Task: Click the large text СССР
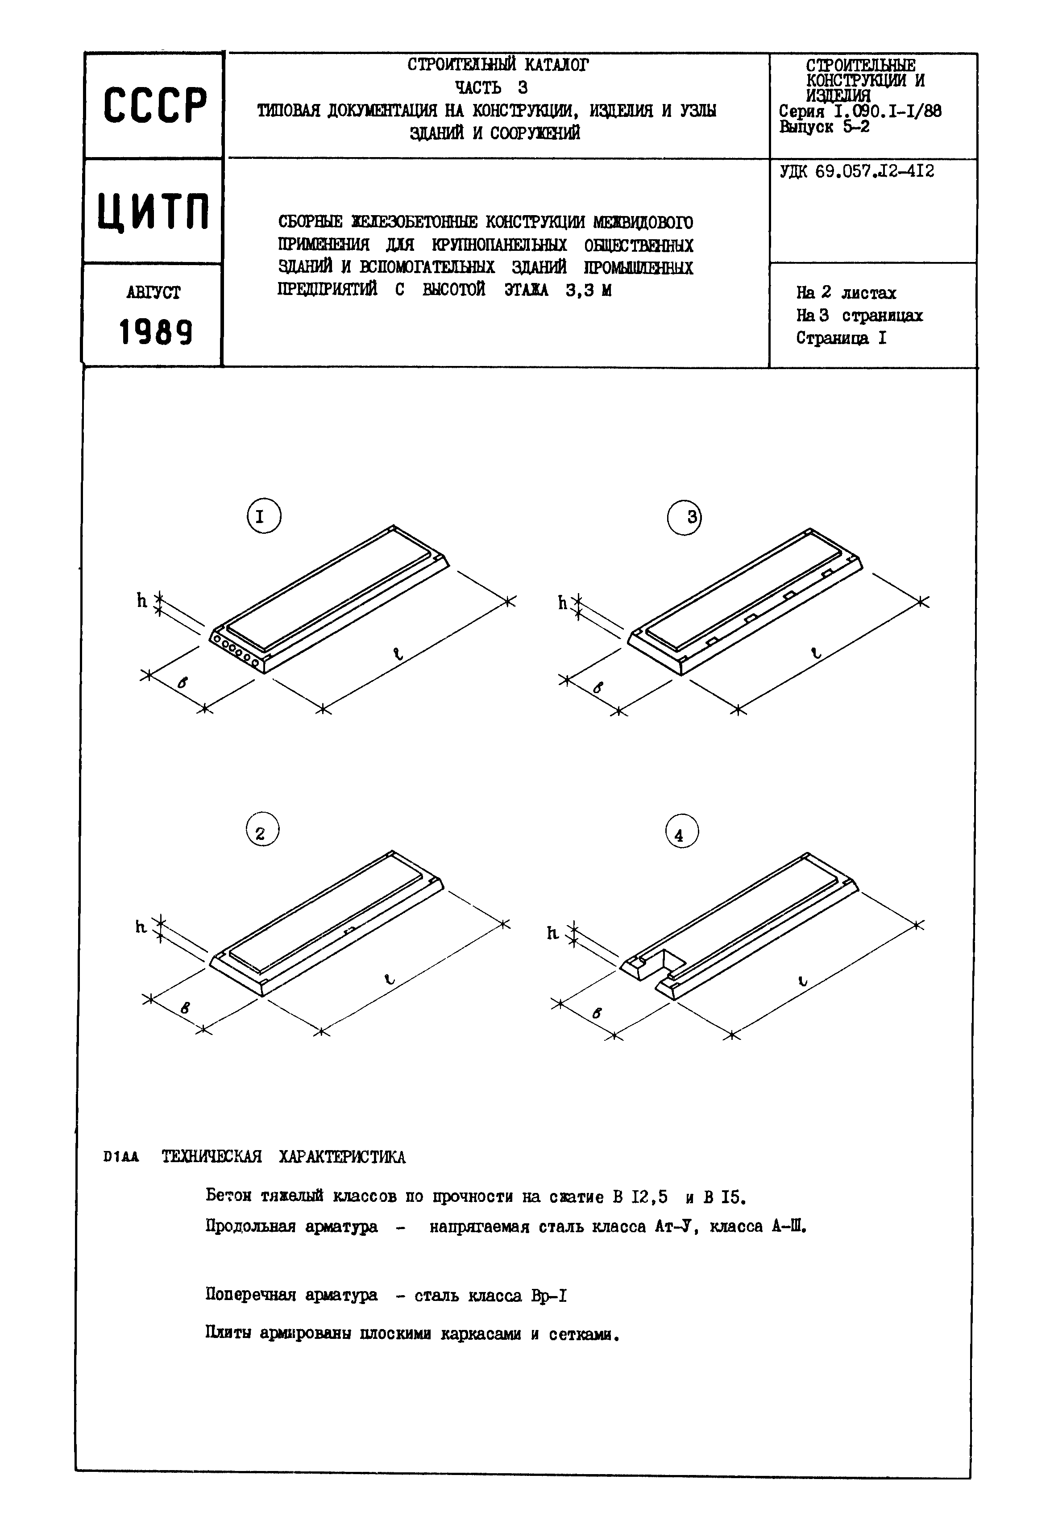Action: (x=154, y=106)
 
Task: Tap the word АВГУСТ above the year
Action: (x=153, y=293)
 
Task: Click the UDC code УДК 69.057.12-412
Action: (x=856, y=172)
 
